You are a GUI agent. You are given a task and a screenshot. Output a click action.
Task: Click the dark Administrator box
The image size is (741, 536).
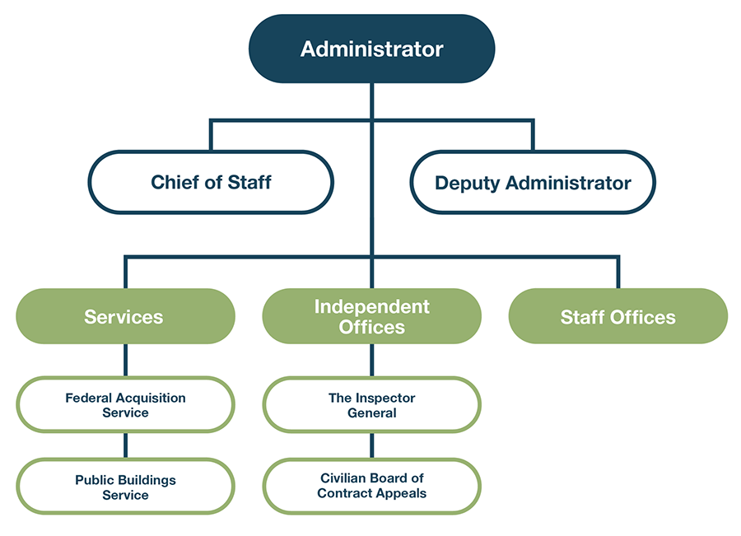(x=371, y=49)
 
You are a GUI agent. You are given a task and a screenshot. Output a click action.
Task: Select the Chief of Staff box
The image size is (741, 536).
(x=211, y=182)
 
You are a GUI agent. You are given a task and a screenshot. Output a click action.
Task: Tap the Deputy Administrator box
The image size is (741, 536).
(x=533, y=182)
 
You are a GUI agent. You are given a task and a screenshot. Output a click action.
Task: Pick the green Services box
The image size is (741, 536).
(x=125, y=316)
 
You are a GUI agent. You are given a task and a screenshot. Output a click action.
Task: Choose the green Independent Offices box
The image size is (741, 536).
(x=371, y=316)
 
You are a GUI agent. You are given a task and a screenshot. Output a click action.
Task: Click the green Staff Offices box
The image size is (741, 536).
(x=617, y=316)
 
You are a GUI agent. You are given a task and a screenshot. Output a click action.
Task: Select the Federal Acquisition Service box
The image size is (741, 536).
(x=125, y=404)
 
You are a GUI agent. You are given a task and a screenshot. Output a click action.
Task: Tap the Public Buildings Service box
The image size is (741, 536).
(x=125, y=487)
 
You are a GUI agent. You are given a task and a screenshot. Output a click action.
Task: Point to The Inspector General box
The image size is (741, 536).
(x=371, y=404)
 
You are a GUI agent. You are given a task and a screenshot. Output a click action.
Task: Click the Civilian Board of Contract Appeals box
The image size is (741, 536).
(x=371, y=486)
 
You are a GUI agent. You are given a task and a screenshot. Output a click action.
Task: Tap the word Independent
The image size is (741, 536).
(x=371, y=306)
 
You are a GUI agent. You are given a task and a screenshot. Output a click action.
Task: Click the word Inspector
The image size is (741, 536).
(x=385, y=398)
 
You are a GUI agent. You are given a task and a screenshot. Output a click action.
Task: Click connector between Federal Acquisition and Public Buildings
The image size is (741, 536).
(x=125, y=445)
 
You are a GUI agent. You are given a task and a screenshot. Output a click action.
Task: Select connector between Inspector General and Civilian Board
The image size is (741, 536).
(x=371, y=445)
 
